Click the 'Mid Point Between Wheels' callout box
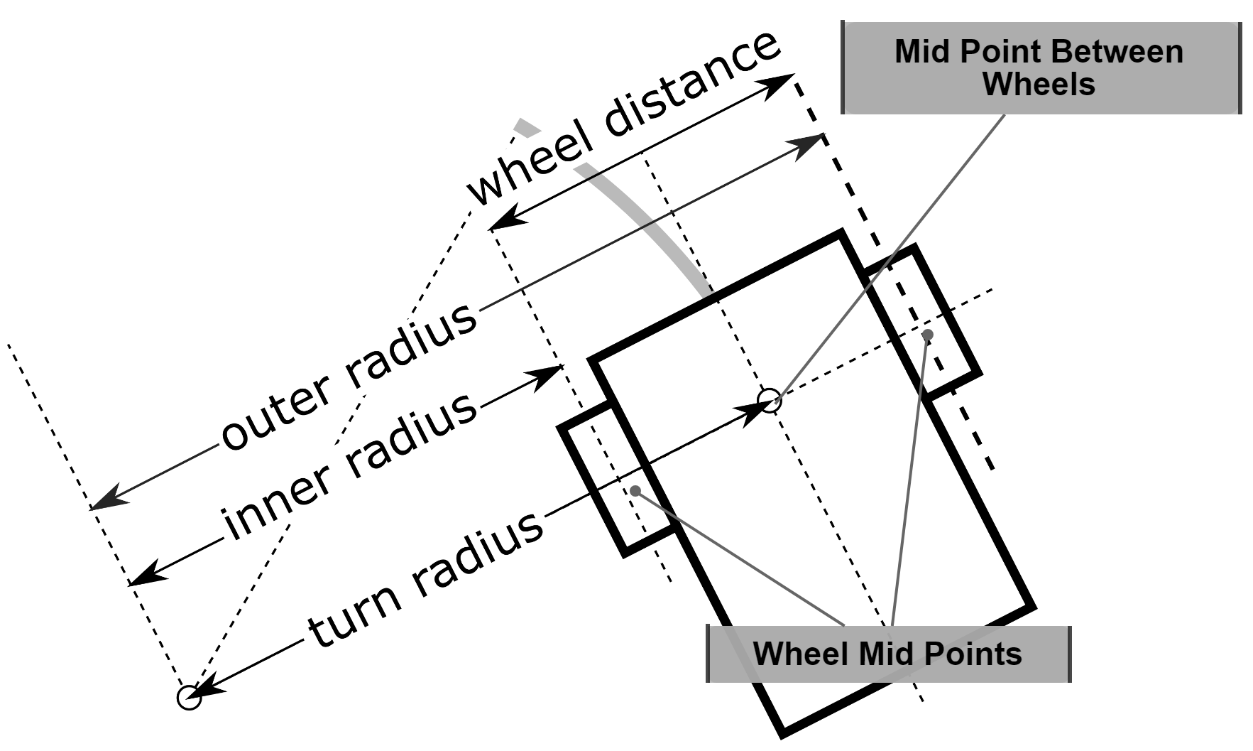1040,67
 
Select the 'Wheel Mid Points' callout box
887,654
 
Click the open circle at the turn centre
189,697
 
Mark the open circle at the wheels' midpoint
770,400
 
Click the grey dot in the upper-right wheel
927,335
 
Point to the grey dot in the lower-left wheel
635,490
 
